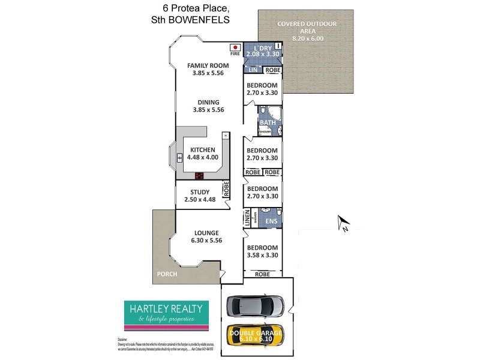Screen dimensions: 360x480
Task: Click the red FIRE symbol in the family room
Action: [x=235, y=47]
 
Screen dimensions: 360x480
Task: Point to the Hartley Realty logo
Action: [x=166, y=316]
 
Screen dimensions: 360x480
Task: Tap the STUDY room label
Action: [x=200, y=193]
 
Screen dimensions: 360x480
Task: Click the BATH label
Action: [x=267, y=123]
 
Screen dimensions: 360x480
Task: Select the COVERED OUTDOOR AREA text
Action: [x=307, y=27]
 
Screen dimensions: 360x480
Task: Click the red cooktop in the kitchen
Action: [x=200, y=176]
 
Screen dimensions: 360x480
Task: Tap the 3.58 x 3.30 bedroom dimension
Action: [x=263, y=255]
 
